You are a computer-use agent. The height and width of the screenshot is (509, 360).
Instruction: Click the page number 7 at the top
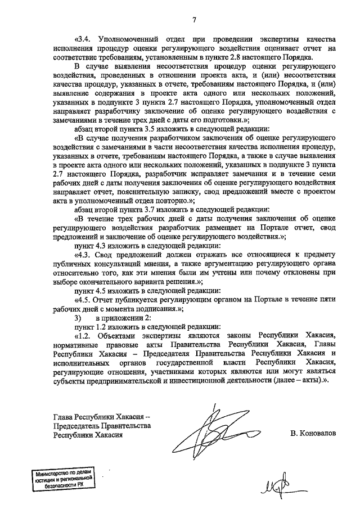click(x=194, y=21)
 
